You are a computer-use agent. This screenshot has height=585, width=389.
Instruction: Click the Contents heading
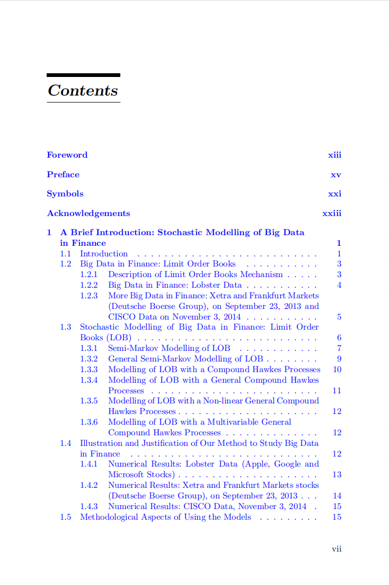pyautogui.click(x=83, y=90)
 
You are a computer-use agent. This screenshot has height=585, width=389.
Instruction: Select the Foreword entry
pyautogui.click(x=67, y=155)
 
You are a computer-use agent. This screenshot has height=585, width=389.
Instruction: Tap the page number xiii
pyautogui.click(x=334, y=155)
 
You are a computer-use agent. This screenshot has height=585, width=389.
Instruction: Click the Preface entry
pyautogui.click(x=63, y=175)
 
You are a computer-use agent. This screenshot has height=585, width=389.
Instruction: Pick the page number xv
pyautogui.click(x=336, y=175)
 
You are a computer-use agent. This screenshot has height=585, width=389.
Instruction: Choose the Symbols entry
pyautogui.click(x=65, y=194)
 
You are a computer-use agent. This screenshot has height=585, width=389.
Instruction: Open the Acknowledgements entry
pyautogui.click(x=88, y=213)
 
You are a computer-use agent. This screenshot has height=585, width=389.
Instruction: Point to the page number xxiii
pyautogui.click(x=332, y=213)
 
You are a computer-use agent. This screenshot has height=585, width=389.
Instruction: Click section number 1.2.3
pyautogui.click(x=89, y=296)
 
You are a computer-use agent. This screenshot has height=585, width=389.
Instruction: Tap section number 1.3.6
pyautogui.click(x=89, y=422)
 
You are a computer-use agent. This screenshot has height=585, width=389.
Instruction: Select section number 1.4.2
pyautogui.click(x=89, y=485)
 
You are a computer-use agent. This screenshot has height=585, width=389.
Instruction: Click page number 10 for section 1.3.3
pyautogui.click(x=337, y=369)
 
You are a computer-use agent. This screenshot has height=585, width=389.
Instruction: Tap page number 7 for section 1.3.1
pyautogui.click(x=339, y=348)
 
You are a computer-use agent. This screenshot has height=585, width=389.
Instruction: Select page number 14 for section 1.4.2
pyautogui.click(x=337, y=496)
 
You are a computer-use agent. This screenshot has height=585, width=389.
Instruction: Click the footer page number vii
pyautogui.click(x=337, y=549)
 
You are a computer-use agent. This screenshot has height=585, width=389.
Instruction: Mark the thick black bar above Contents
pyautogui.click(x=83, y=75)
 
